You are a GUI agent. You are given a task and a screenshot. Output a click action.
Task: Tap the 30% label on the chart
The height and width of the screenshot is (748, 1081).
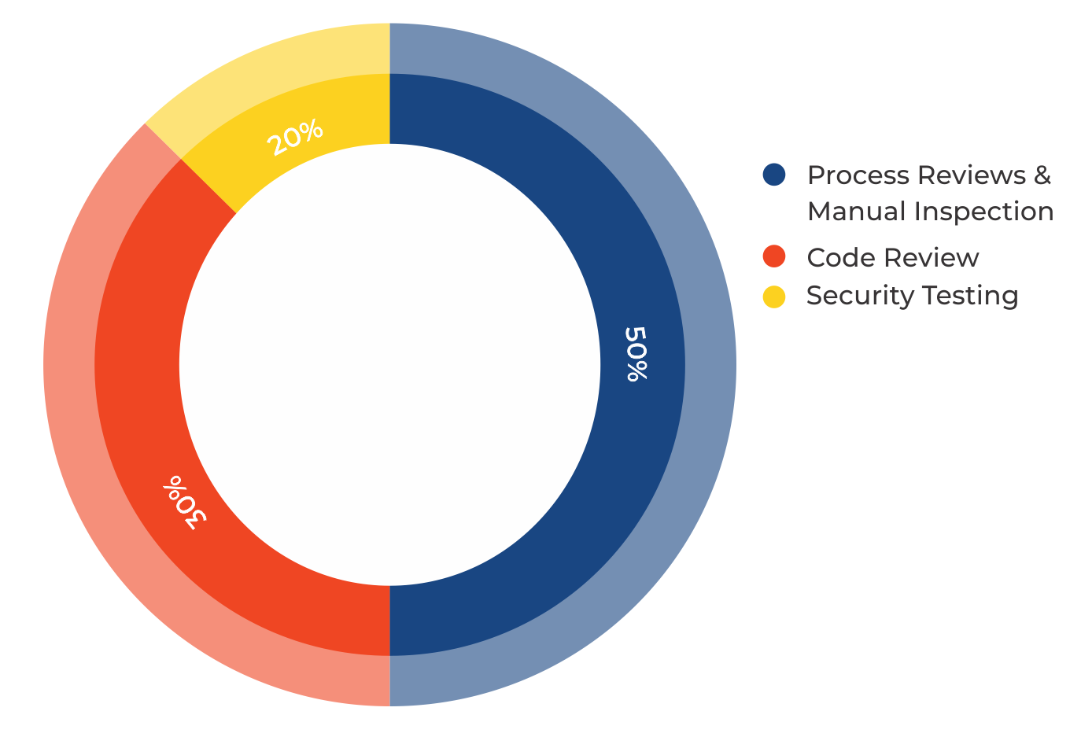point(186,502)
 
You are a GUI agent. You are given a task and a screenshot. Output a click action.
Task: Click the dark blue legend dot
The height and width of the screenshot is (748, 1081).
point(774,175)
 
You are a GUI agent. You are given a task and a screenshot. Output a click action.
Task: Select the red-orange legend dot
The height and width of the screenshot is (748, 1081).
point(774,256)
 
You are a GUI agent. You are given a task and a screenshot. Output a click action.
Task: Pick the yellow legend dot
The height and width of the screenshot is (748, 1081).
point(774,297)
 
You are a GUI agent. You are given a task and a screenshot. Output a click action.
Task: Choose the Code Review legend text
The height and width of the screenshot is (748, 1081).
point(892,258)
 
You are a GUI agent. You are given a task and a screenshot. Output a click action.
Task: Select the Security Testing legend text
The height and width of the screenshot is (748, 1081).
point(912,296)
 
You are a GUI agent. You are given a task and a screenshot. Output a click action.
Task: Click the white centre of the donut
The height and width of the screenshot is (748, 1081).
point(389,365)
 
